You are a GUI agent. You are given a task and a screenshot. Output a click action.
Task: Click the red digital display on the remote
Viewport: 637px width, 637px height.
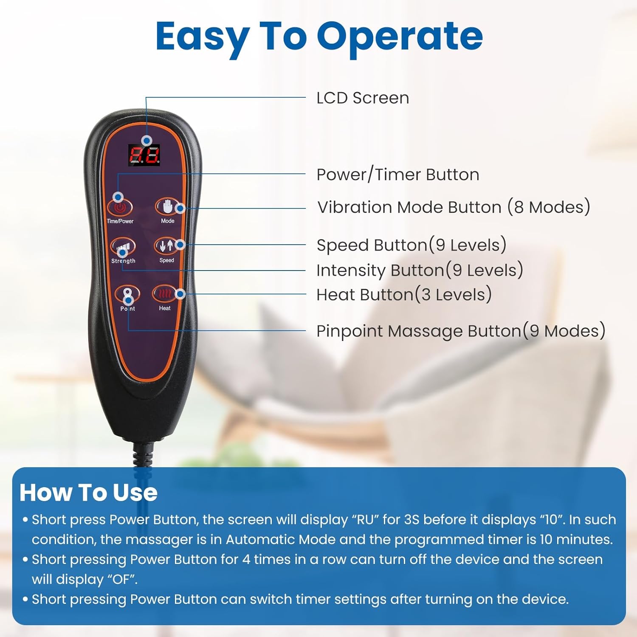coord(144,155)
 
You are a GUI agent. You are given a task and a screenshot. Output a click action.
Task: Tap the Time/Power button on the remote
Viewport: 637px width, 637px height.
coord(120,207)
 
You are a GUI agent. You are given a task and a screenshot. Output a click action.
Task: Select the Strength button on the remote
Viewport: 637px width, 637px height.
coord(123,246)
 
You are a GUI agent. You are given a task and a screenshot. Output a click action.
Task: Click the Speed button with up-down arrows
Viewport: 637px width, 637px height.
coord(166,245)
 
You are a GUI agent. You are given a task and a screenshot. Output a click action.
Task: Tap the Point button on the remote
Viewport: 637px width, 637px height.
coord(127,294)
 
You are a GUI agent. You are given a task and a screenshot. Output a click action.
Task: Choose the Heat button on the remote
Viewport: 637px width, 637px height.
coord(164,293)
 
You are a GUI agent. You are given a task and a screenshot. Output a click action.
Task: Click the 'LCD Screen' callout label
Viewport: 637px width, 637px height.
coord(363,98)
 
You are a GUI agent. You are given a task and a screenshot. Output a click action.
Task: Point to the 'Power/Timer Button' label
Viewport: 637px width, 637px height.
coord(398,175)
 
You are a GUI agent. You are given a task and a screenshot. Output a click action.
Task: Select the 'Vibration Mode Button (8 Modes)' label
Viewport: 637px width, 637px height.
coord(454,207)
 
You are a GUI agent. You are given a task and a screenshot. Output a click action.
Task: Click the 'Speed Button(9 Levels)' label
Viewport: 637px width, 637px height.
coord(412,245)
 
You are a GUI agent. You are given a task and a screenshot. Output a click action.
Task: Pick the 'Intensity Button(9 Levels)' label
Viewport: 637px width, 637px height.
coord(420,270)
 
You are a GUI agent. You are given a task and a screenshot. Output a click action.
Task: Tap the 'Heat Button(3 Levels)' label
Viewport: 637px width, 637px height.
coord(404,295)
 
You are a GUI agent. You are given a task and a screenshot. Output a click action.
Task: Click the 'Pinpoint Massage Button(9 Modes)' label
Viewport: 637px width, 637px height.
coord(461,331)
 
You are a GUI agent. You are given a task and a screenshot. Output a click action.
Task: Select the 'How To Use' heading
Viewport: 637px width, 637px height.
coord(88,493)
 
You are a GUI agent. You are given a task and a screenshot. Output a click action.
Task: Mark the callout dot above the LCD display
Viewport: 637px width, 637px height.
coord(147,140)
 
